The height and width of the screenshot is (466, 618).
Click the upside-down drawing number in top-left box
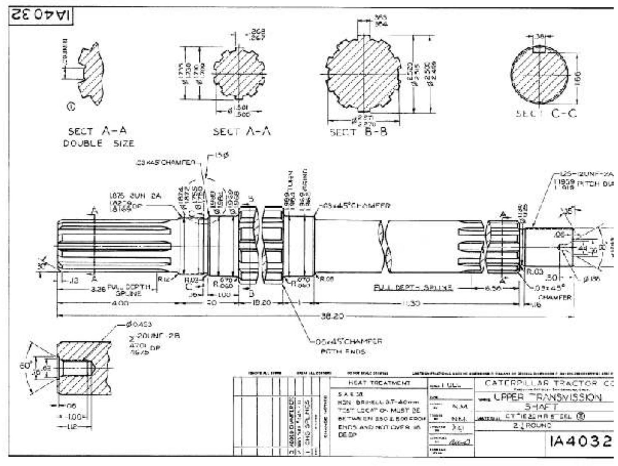tap(41, 16)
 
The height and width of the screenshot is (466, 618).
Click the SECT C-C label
tap(546, 114)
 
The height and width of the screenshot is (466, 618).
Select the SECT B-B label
tap(358, 132)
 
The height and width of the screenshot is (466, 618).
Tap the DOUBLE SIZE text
tap(99, 143)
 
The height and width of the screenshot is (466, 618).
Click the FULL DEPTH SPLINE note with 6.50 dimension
tap(413, 288)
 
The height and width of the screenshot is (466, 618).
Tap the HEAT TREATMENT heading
tap(379, 383)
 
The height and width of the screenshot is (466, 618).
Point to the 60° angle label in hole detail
tap(25, 365)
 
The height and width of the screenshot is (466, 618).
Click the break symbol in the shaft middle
tap(384, 247)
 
